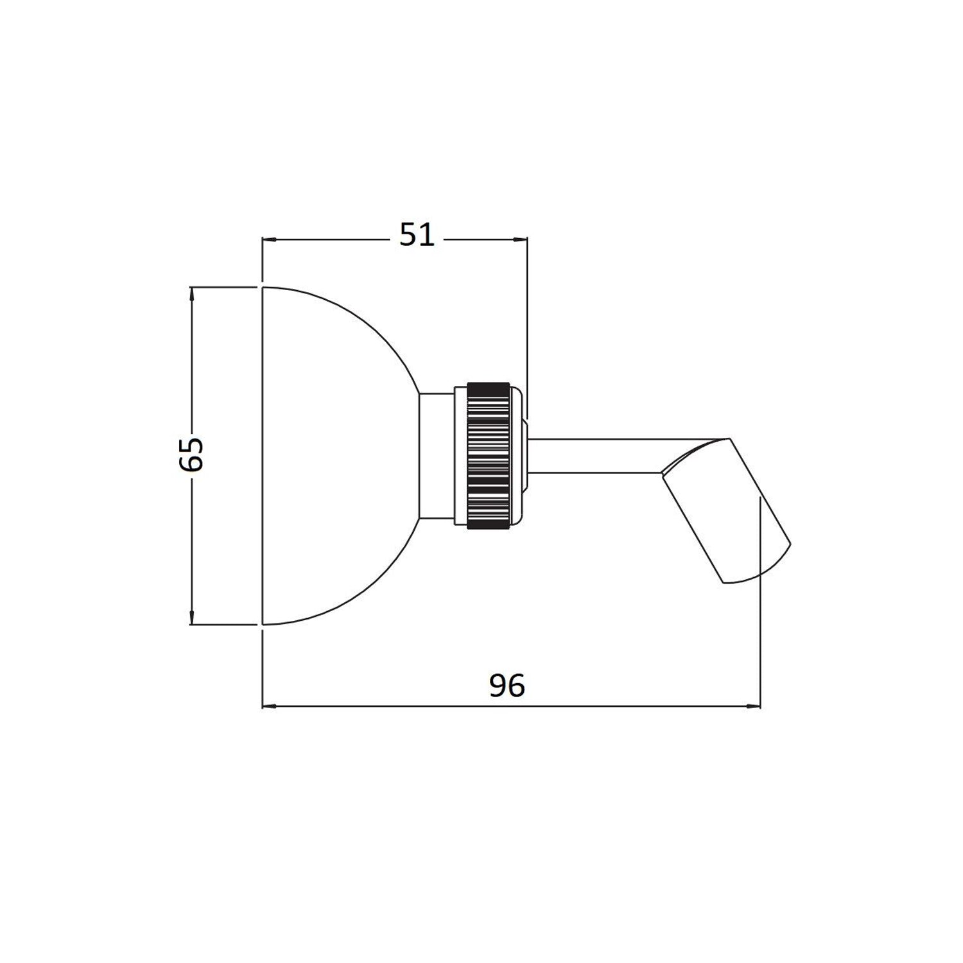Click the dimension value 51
(417, 236)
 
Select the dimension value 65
(191, 455)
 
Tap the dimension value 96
(507, 686)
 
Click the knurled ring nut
(489, 455)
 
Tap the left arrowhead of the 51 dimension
(269, 239)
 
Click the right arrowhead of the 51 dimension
(521, 239)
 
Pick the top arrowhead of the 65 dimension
(192, 293)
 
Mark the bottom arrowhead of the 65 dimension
(192, 618)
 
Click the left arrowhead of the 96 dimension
(270, 707)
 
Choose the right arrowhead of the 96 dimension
(754, 707)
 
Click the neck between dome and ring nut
(437, 456)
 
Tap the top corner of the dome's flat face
(263, 288)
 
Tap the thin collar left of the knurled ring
(461, 456)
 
